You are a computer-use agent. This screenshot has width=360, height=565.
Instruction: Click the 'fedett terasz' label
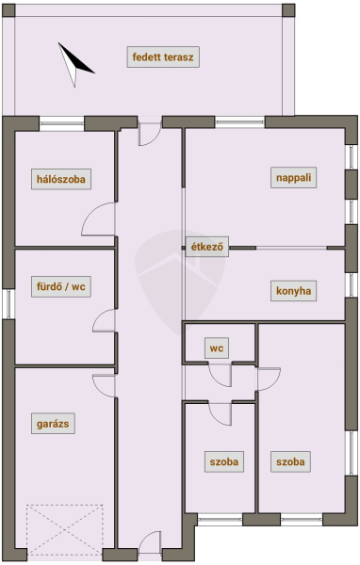point(163,56)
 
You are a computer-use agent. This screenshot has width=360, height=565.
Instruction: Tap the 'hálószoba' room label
point(61,179)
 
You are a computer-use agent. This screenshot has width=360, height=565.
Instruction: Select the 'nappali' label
point(294,177)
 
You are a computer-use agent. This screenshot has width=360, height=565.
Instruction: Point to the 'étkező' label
point(207,247)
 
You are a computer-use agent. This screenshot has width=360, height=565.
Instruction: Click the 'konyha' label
point(294,290)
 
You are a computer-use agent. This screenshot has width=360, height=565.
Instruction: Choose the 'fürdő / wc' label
point(61,287)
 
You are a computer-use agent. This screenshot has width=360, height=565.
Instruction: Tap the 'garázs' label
point(53,424)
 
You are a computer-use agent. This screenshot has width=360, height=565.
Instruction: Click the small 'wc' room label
point(217,348)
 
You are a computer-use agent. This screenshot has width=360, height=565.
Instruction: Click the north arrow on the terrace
point(74,65)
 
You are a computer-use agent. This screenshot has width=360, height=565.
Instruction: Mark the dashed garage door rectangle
point(65,529)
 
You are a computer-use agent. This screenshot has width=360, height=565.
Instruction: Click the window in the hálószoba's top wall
point(61,123)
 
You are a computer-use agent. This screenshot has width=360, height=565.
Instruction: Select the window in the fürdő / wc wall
point(8,304)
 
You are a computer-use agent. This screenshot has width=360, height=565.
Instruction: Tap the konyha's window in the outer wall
point(351,284)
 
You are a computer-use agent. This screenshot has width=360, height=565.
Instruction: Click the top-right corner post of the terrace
point(288,10)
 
